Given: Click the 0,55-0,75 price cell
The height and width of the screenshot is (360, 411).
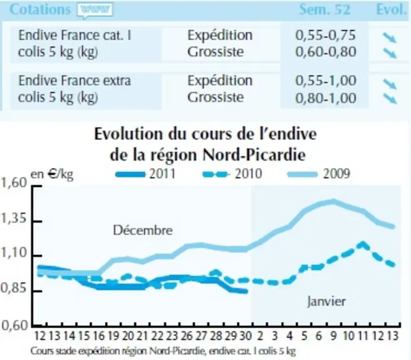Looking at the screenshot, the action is coord(325,36).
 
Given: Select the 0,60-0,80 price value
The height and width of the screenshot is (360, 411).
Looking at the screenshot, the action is coord(325,52).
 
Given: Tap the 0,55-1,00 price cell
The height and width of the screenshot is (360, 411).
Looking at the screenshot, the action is coord(325,81).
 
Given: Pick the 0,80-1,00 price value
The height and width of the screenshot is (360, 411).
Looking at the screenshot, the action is coord(325,98).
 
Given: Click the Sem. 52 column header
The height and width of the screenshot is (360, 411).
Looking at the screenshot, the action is coord(325,10).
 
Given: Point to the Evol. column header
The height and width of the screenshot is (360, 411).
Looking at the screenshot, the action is coord(392,10).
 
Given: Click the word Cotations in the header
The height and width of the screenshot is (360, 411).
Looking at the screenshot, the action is coord(41,10).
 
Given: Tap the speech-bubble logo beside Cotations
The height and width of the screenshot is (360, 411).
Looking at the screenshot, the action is coord(95,11).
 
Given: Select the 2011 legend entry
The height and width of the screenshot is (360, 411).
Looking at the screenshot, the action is coord(146,174).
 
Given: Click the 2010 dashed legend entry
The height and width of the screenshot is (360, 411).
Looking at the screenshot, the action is coord(232,174).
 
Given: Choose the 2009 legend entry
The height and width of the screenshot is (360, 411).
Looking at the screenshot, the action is coord(319,174).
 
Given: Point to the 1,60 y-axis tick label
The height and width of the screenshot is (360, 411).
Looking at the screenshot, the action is coord(14,183).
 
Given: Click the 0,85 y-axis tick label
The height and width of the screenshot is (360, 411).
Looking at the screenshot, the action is coord(14,288).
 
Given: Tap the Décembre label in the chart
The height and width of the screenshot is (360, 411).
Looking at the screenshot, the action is coord(143,231).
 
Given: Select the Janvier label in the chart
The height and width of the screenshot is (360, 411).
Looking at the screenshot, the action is coord(326,301).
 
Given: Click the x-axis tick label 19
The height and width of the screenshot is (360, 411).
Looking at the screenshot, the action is coord(113,336).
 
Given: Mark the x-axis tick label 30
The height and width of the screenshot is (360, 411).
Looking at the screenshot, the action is coord(245,336).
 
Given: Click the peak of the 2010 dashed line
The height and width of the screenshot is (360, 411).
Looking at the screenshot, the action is coord(363,244).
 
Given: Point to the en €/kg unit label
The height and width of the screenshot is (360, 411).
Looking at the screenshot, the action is coord(52,174).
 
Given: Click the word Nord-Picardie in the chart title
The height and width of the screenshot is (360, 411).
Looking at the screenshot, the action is coord(254,155).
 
